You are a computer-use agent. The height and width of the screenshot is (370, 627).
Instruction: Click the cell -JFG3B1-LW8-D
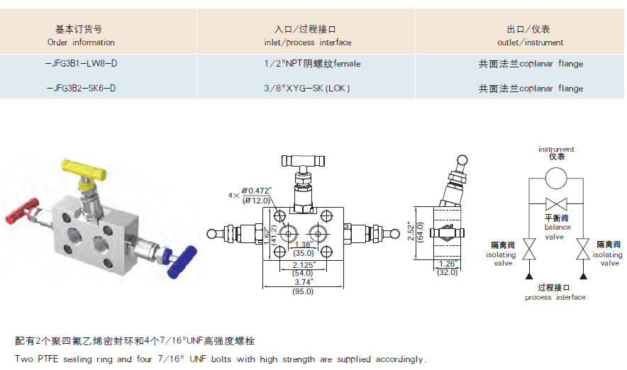click(x=80, y=64)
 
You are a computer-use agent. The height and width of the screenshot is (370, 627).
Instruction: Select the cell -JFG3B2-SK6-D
click(x=80, y=89)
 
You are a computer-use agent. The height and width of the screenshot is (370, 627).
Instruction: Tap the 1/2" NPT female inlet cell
click(x=312, y=64)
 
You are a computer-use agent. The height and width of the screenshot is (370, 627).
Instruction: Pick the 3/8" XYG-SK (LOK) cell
click(x=312, y=89)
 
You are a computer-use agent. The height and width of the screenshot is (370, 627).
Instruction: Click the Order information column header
click(x=80, y=35)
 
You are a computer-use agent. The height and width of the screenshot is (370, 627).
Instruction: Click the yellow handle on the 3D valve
click(x=75, y=169)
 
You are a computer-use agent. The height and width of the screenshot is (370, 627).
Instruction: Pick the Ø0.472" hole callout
click(x=257, y=191)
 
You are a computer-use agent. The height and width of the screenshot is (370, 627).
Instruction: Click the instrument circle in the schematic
click(x=556, y=176)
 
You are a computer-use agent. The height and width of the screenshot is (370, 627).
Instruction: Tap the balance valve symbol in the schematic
click(x=556, y=201)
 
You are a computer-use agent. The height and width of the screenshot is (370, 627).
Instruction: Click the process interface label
click(x=555, y=293)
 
